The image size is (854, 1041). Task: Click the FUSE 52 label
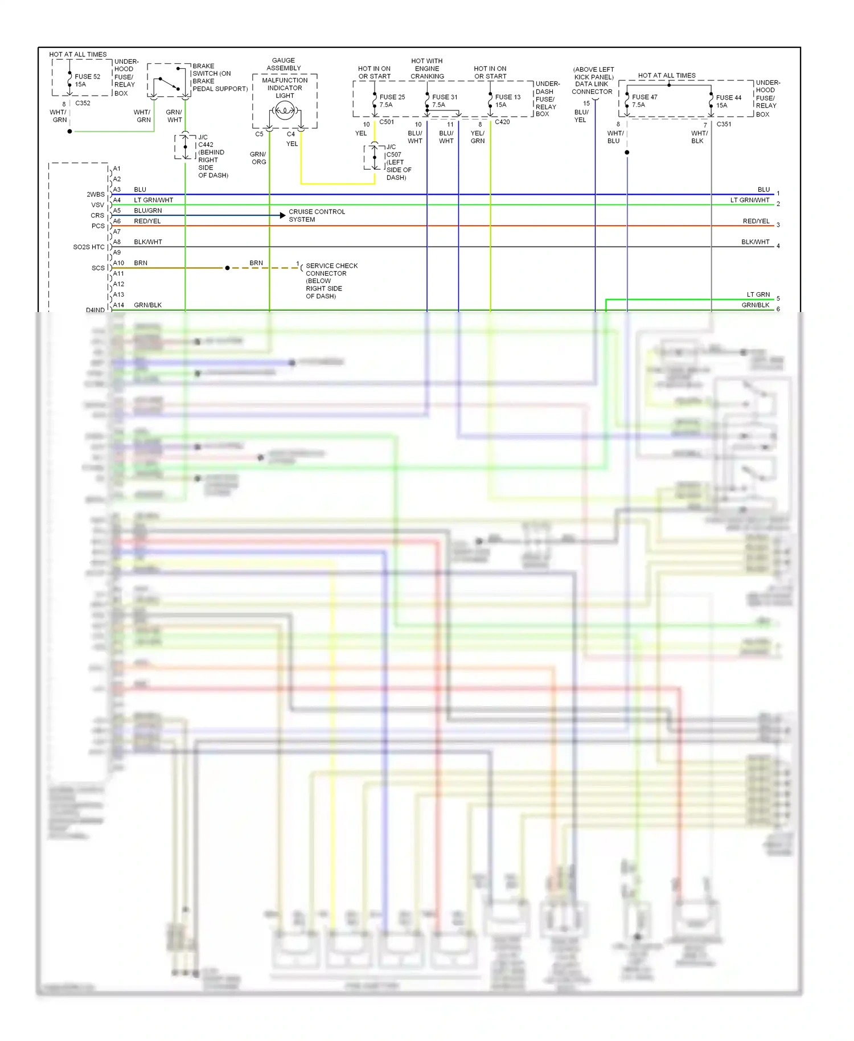87,76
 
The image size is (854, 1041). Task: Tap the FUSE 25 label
392,97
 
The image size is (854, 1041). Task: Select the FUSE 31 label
445,97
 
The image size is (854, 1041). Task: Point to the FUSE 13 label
508,97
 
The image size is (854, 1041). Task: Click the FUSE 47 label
644,97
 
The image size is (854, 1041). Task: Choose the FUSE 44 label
729,97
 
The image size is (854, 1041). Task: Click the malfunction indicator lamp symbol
285,110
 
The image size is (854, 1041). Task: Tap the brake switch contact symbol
169,84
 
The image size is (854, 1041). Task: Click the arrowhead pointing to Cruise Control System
282,215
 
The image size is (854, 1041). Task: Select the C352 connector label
83,103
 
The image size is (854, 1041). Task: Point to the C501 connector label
387,122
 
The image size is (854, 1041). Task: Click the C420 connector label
502,122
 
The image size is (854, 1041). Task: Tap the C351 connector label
724,124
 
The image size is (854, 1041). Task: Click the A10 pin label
118,263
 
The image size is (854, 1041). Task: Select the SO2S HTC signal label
89,247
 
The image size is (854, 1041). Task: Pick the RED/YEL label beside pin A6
147,221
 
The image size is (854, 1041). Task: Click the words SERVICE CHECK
331,266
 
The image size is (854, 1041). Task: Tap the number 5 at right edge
778,298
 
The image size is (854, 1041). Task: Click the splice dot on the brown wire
227,268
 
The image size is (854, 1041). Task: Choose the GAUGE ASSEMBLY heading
284,64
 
